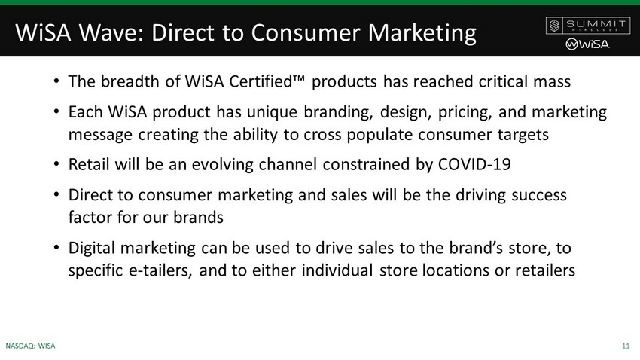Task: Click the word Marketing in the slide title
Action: point(422,33)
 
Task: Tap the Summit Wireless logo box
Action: point(587,26)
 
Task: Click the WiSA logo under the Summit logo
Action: point(587,44)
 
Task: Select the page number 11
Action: point(626,346)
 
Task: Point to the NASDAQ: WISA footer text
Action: point(31,346)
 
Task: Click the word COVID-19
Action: point(474,164)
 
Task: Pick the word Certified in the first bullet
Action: point(261,81)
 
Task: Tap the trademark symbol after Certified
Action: point(299,78)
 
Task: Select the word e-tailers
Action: point(160,270)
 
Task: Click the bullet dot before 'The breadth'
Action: point(56,81)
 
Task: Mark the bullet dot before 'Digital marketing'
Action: point(56,247)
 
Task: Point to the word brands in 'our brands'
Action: point(198,218)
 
